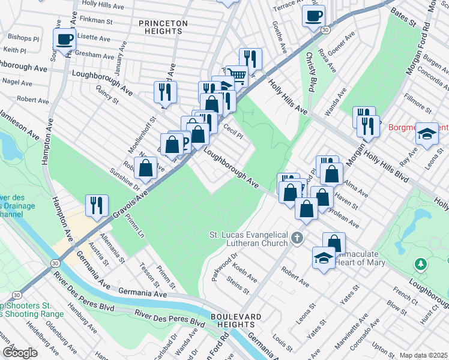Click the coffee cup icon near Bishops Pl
pos(65,40)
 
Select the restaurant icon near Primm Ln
pos(96,206)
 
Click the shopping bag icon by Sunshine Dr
pos(146,168)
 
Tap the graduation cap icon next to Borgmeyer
pos(427,134)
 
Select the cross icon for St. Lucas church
pos(296,239)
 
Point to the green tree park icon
pos(421,263)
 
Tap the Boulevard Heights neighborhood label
pos(235,320)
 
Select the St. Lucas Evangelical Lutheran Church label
pos(248,239)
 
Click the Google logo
pos(20,352)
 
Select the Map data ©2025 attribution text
pos(423,355)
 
